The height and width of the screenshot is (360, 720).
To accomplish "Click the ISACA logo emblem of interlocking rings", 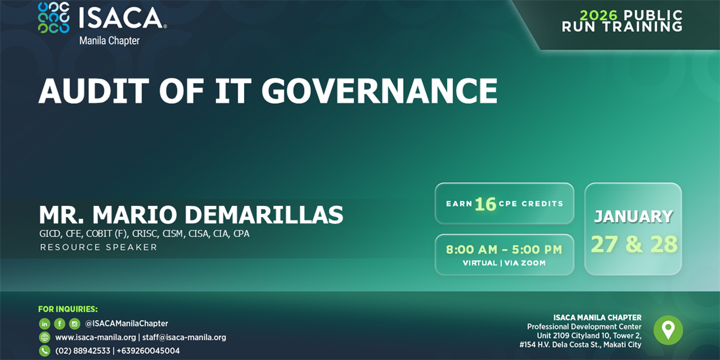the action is tap(53, 17).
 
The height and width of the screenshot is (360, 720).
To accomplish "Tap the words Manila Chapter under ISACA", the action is tap(109, 41).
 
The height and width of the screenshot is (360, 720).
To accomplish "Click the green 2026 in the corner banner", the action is tap(599, 15).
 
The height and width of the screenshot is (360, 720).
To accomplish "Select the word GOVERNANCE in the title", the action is tap(379, 91).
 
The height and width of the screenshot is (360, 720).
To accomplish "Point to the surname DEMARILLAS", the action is tap(264, 215).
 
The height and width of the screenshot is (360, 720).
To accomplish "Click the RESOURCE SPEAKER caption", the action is tap(98, 247).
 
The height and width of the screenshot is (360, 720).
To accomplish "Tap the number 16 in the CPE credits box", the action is tap(485, 204).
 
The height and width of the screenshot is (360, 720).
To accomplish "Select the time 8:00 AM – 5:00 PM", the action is tap(504, 250).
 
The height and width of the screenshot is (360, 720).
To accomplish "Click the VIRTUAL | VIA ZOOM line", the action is tap(504, 263).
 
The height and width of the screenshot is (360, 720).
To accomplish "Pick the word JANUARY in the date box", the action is tap(633, 217).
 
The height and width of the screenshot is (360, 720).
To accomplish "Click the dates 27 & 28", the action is tap(634, 244).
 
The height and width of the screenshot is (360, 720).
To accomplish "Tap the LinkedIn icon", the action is tap(44, 323).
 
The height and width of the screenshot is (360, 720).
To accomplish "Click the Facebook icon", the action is tap(59, 323).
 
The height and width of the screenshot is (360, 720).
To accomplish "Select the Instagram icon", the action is tap(74, 323).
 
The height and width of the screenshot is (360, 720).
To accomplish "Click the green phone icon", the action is tap(44, 350).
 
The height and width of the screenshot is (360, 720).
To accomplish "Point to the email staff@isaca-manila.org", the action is tap(184, 337).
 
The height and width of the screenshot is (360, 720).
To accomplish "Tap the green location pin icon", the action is tap(668, 330).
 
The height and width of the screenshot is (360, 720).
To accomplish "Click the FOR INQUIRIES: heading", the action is tap(68, 309).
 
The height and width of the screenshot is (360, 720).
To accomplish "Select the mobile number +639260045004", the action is tap(148, 350).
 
